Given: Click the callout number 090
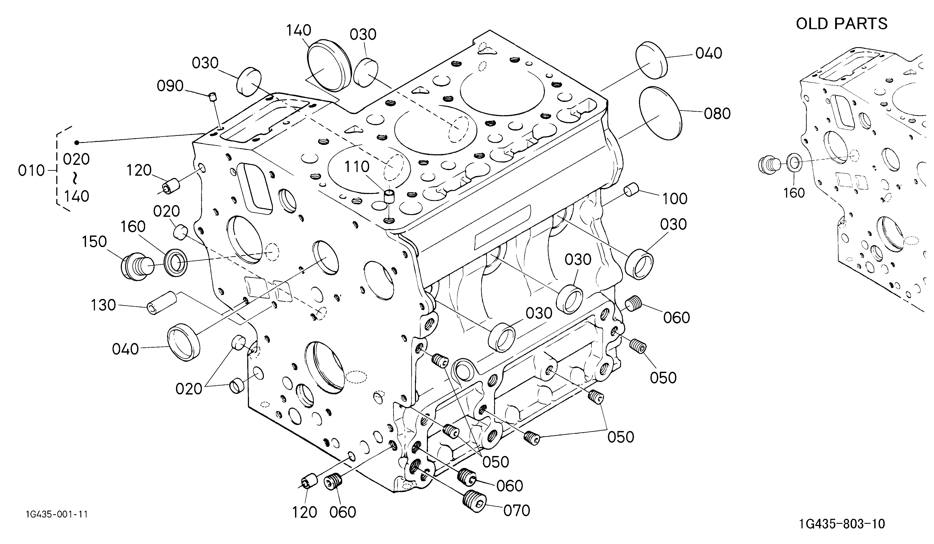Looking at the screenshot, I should [x=170, y=86].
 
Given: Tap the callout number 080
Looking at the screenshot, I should [x=717, y=114].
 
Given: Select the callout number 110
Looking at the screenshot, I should [x=357, y=167].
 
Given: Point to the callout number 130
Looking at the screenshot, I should [x=103, y=305].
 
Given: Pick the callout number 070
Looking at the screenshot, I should [x=517, y=511].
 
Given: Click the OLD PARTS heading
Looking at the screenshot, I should [x=841, y=24].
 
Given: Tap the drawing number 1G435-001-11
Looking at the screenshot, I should [x=57, y=514].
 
